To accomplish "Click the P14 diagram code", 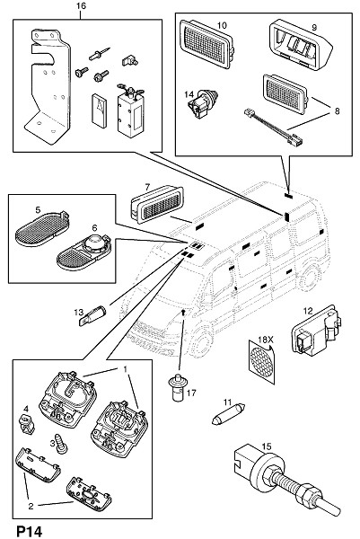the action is click(x=30, y=531).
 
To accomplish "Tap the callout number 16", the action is click(x=82, y=6).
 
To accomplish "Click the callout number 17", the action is click(x=191, y=393).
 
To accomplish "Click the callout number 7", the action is click(x=147, y=187).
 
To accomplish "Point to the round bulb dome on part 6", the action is click(x=95, y=244).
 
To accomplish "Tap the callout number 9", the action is click(x=314, y=28).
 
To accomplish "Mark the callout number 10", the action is click(x=222, y=25).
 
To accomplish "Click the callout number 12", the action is click(x=308, y=311).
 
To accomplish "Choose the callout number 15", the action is click(x=267, y=446).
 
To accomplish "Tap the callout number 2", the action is click(x=31, y=506).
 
